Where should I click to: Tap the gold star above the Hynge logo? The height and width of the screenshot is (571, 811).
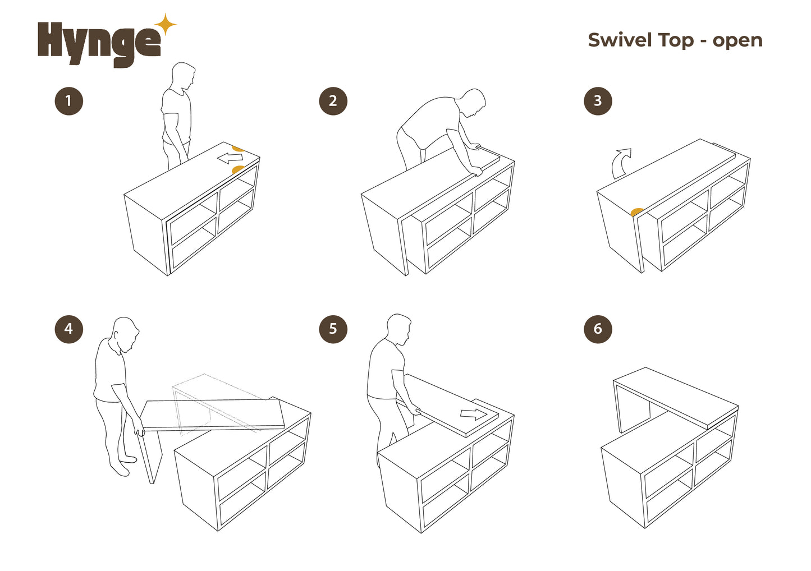166,24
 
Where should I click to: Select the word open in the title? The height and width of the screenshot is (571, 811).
737,42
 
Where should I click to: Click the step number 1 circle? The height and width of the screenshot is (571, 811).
69,101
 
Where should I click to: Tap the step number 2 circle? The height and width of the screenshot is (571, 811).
333,101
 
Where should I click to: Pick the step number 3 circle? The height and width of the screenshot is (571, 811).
598,101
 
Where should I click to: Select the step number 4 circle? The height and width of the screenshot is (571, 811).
69,329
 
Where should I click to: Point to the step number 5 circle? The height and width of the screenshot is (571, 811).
333,329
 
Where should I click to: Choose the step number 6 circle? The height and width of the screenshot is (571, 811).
598,329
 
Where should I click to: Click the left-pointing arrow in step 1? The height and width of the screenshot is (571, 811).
230,158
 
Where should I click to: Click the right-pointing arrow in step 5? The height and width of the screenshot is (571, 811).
474,414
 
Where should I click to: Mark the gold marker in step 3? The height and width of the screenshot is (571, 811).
637,211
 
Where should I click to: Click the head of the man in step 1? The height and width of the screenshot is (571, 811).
184,76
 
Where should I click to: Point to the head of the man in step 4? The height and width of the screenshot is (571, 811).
126,334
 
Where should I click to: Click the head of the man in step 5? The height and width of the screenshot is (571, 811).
399,330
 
